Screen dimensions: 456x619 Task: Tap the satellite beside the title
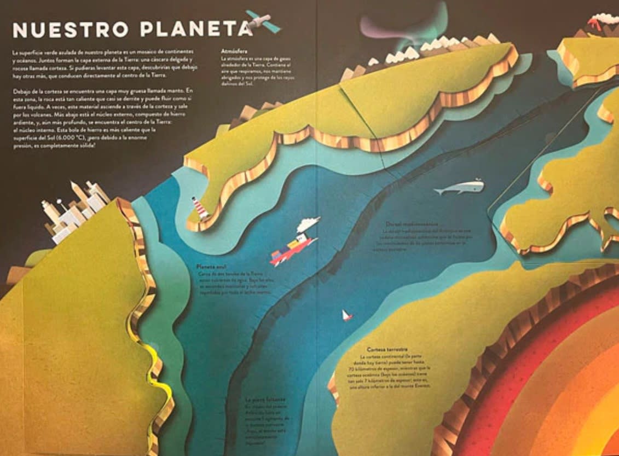click(263, 21)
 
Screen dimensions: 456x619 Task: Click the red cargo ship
click(293, 249)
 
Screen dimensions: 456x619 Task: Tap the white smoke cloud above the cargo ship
click(309, 223)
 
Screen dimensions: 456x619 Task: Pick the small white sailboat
click(346, 315)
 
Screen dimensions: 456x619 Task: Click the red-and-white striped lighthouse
click(200, 209)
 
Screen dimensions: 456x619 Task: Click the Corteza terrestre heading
click(387, 349)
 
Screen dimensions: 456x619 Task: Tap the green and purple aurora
click(394, 30)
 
